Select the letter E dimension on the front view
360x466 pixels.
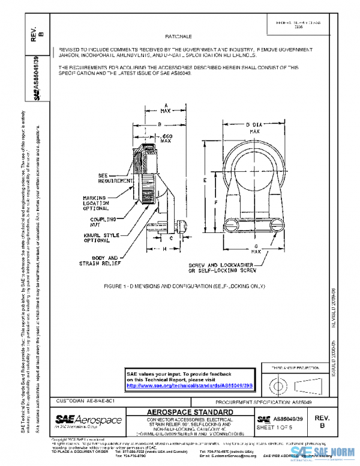pyautogui.click(x=205, y=179)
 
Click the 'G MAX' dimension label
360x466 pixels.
pyautogui.click(x=256, y=249)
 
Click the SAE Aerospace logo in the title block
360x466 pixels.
pyautogui.click(x=88, y=419)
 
